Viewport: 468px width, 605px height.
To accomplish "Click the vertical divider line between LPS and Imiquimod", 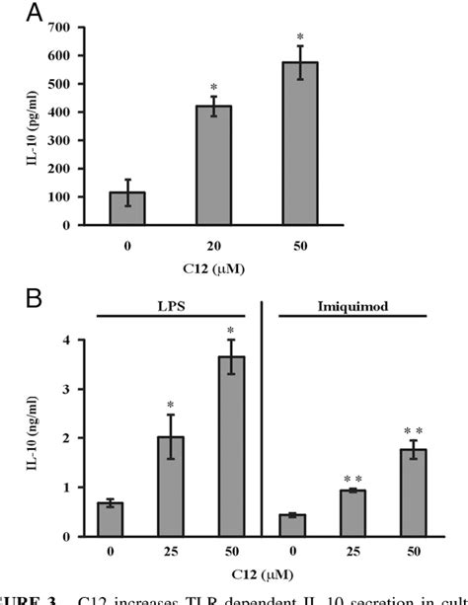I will coord(264,424).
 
